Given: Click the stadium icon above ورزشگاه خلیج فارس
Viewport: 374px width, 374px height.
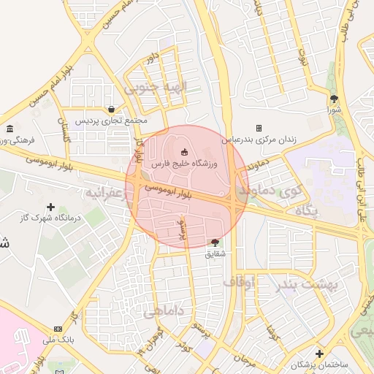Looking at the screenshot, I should coord(184,152).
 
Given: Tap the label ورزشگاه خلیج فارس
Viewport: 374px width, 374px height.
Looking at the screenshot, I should coord(180,166).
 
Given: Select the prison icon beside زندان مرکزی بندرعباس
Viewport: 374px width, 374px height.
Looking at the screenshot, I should coord(259,129).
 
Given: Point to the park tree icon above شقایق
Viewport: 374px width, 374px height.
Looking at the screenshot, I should coord(214,242).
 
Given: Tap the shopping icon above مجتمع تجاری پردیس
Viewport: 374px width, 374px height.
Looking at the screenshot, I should coord(110,109).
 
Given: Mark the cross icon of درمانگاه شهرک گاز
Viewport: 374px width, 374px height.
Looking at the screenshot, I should coord(50,207).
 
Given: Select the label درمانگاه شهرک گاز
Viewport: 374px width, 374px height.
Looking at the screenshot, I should coord(51,218).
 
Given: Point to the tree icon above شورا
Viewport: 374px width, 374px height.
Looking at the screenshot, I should coord(335,99).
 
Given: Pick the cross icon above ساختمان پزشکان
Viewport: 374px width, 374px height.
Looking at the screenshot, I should coord(319,354).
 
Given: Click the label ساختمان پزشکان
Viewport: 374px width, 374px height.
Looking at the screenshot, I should coord(320,364).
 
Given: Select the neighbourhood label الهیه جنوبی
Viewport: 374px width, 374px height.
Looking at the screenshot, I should coord(156,88).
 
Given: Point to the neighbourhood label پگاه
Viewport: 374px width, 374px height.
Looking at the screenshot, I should coord(307,211).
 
